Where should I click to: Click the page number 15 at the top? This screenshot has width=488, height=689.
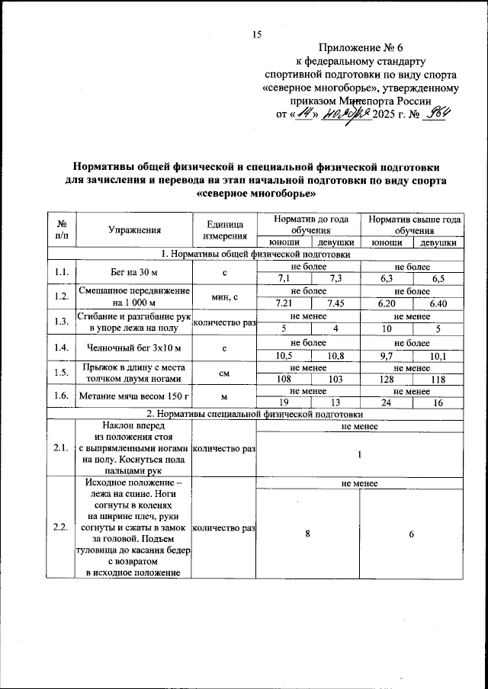(256, 34)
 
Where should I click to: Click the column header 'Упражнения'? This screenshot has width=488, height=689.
(134, 229)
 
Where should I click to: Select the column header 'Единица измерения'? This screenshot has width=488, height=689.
(224, 229)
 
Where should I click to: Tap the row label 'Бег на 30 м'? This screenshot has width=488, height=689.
(134, 273)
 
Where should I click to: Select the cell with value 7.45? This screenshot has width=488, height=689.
(335, 304)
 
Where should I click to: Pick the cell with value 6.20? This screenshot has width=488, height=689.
(387, 304)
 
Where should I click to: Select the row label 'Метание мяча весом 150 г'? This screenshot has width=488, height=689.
(134, 396)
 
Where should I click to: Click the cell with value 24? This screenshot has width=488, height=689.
(387, 402)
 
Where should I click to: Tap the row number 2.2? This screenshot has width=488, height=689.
(60, 527)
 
